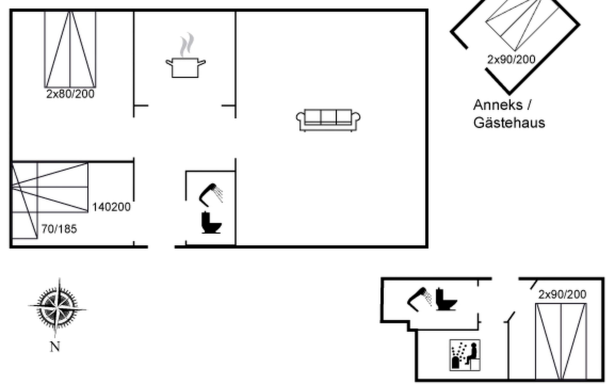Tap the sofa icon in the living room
328,120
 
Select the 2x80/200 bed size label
70,94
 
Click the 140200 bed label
111,207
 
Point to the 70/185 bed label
59,229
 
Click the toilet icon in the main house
211,223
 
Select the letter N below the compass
55,347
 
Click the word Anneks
497,105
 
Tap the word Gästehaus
509,123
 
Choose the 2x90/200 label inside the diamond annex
511,60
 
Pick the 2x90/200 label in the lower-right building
562,294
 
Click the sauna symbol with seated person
465,355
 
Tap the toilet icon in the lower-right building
446,300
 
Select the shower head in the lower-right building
419,299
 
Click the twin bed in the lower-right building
561,341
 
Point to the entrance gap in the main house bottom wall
161,247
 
